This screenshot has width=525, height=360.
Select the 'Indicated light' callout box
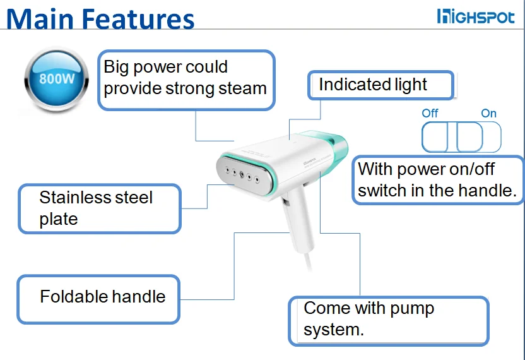coord(380,85)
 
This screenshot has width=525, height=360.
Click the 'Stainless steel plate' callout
coord(100,208)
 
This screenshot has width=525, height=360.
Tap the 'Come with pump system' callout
coord(388,320)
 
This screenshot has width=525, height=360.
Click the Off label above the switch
coord(430,114)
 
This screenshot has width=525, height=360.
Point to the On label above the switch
coord(488,114)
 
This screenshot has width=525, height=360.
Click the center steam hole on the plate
coord(242,172)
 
